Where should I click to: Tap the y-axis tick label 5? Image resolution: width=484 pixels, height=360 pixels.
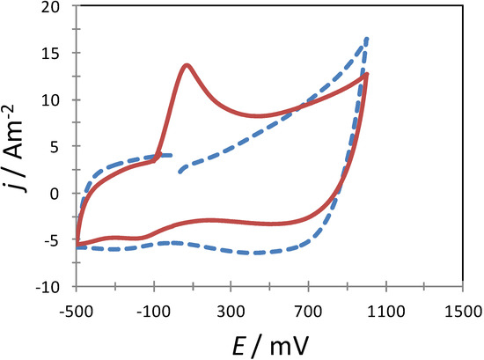62,147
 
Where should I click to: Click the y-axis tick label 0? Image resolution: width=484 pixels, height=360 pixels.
62,194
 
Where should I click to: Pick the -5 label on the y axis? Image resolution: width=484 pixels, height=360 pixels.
59,240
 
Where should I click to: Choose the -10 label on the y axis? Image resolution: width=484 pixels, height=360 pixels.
55,287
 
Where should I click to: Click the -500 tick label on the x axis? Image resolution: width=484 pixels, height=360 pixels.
77,311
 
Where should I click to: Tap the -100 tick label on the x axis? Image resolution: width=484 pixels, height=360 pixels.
154,311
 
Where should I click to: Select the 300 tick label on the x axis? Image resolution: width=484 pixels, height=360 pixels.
231,311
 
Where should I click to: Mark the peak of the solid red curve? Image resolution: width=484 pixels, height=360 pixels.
187,65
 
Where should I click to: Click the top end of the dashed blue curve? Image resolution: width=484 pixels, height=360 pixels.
366,39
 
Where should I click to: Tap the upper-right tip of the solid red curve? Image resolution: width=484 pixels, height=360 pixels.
366,75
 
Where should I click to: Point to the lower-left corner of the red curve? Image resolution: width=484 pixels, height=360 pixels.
77,244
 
